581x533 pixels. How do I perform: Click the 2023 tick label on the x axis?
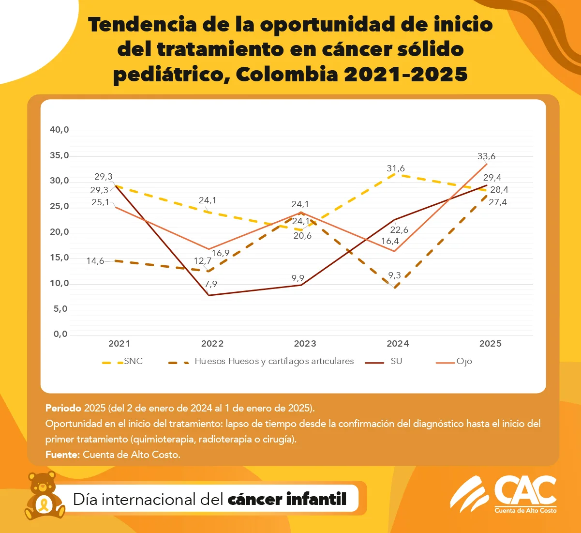point(305,344)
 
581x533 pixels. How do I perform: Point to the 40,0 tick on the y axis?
point(60,130)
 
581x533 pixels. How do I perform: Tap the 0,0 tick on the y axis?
point(60,335)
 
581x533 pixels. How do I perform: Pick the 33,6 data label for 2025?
point(486,156)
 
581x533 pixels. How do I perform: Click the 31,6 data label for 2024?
point(396,168)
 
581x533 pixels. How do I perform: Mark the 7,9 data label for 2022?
point(211,284)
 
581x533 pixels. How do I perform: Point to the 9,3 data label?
point(394,275)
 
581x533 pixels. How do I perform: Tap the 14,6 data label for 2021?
point(95,261)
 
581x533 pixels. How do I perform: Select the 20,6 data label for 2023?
point(302,236)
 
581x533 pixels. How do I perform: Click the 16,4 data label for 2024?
point(390,241)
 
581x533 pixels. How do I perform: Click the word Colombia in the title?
point(287,75)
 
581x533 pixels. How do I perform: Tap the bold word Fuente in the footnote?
point(62,455)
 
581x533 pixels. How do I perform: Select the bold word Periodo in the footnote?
point(63,408)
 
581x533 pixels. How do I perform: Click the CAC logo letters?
point(525,491)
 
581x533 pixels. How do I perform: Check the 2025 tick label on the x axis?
point(490,344)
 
